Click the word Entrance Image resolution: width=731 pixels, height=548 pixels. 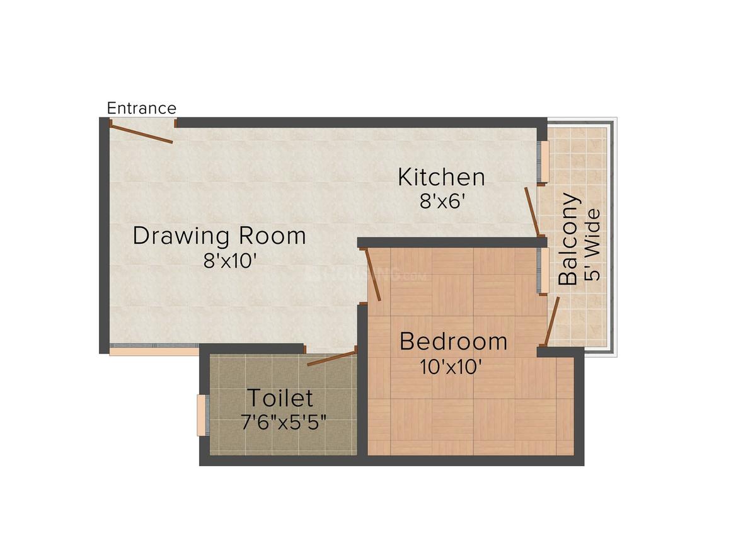point(141,108)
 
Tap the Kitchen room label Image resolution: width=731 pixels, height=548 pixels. point(441,177)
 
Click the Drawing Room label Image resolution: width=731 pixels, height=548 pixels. point(219,236)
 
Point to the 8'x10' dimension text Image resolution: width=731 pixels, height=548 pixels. point(229,261)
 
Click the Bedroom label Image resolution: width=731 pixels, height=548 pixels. point(453,341)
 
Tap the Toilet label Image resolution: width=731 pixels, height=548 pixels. point(279,398)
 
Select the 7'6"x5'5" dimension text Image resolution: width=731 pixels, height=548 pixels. point(284,422)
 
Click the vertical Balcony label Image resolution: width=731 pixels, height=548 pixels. point(569,239)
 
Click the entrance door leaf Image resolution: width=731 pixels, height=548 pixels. point(141,133)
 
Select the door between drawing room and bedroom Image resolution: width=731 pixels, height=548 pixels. point(373,275)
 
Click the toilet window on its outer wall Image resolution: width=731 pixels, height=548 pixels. point(202,415)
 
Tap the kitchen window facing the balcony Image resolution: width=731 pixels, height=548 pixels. point(543,162)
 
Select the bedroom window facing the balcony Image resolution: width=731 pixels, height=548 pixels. point(543,270)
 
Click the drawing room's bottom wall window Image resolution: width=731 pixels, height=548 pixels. point(154,350)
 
